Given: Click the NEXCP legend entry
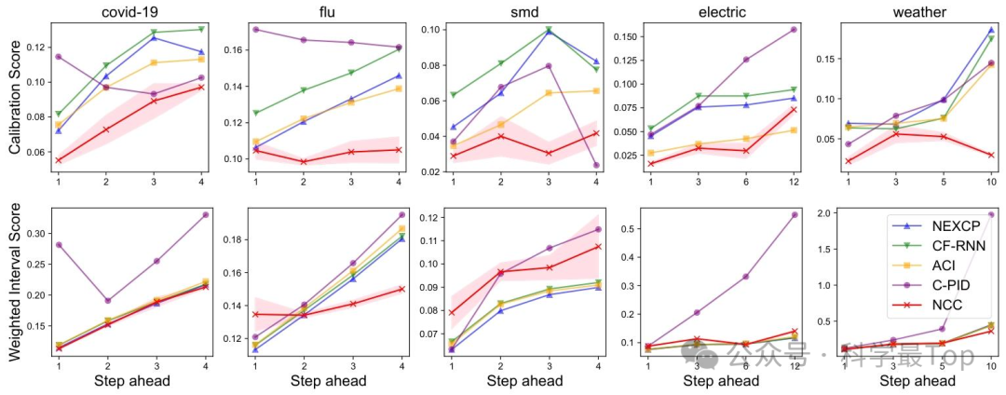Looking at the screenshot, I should tap(955, 226).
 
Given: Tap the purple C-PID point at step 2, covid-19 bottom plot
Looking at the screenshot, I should tap(106, 300).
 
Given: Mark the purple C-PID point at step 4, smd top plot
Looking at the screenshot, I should tap(596, 165).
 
